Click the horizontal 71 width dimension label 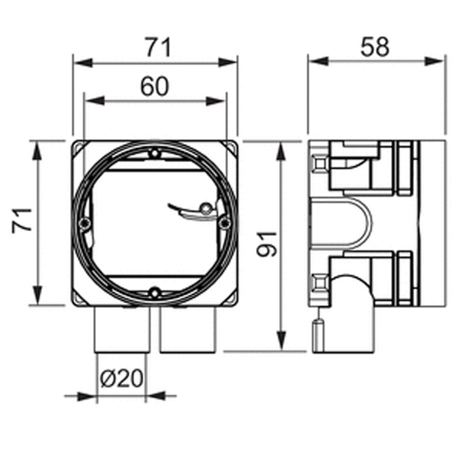[158, 48]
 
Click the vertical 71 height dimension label [22, 221]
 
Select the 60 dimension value [154, 86]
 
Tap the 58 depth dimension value [375, 47]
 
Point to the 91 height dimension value [267, 244]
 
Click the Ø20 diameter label [121, 379]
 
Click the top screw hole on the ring [154, 153]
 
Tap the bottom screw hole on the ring [154, 293]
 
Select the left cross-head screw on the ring [85, 223]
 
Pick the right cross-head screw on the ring [225, 223]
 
